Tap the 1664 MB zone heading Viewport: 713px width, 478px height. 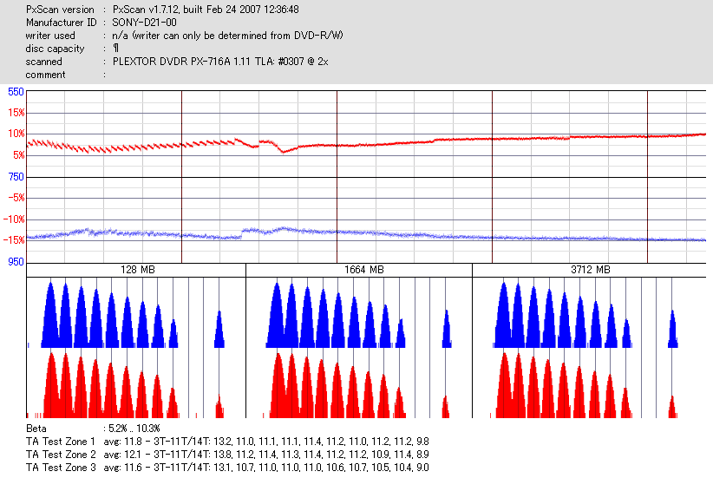[x=359, y=271]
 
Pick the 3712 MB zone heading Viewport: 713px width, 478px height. [x=590, y=271]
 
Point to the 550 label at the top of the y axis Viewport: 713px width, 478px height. [x=16, y=92]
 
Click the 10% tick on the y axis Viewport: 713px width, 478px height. [x=16, y=134]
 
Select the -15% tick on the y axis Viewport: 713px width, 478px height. [x=14, y=240]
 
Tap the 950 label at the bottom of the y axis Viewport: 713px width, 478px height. [x=16, y=261]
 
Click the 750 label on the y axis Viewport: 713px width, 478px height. [x=16, y=177]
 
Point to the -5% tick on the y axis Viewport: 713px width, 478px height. [x=16, y=198]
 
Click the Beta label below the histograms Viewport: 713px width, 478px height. [x=36, y=429]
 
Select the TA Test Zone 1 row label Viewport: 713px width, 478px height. [x=61, y=442]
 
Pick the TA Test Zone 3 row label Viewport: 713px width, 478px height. [x=61, y=468]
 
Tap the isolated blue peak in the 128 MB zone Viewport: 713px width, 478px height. [x=219, y=330]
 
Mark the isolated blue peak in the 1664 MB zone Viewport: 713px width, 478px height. [x=446, y=330]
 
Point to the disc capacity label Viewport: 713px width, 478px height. [x=56, y=49]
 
